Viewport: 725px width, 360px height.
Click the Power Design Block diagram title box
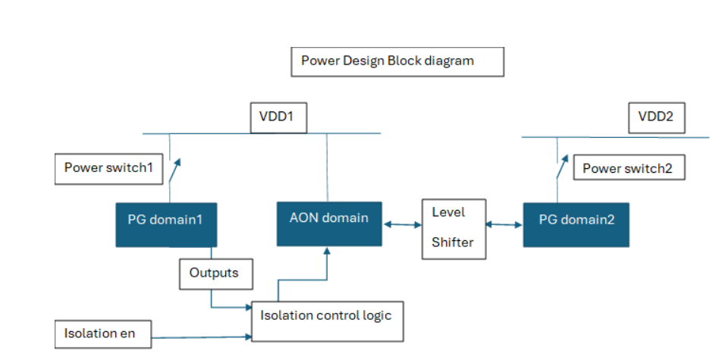[x=397, y=62]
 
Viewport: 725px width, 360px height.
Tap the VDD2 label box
[x=657, y=118]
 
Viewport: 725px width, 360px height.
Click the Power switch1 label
[x=109, y=168]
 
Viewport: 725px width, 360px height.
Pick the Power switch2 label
[x=628, y=168]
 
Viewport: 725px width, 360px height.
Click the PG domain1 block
[x=165, y=224]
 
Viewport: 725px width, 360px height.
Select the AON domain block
[x=329, y=224]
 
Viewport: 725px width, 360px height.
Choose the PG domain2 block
[x=576, y=224]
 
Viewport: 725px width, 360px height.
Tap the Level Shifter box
[x=454, y=227]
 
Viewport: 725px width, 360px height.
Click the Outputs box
[x=215, y=274]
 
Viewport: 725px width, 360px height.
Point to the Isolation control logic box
[x=327, y=321]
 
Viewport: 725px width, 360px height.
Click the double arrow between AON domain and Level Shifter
[x=402, y=224]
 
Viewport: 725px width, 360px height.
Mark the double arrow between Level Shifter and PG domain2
[x=504, y=224]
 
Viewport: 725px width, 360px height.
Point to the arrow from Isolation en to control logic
[x=202, y=336]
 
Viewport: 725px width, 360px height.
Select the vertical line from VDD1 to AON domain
[x=327, y=167]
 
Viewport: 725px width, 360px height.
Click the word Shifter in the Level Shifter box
[x=452, y=243]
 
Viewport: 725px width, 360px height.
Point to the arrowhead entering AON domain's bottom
[x=328, y=251]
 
